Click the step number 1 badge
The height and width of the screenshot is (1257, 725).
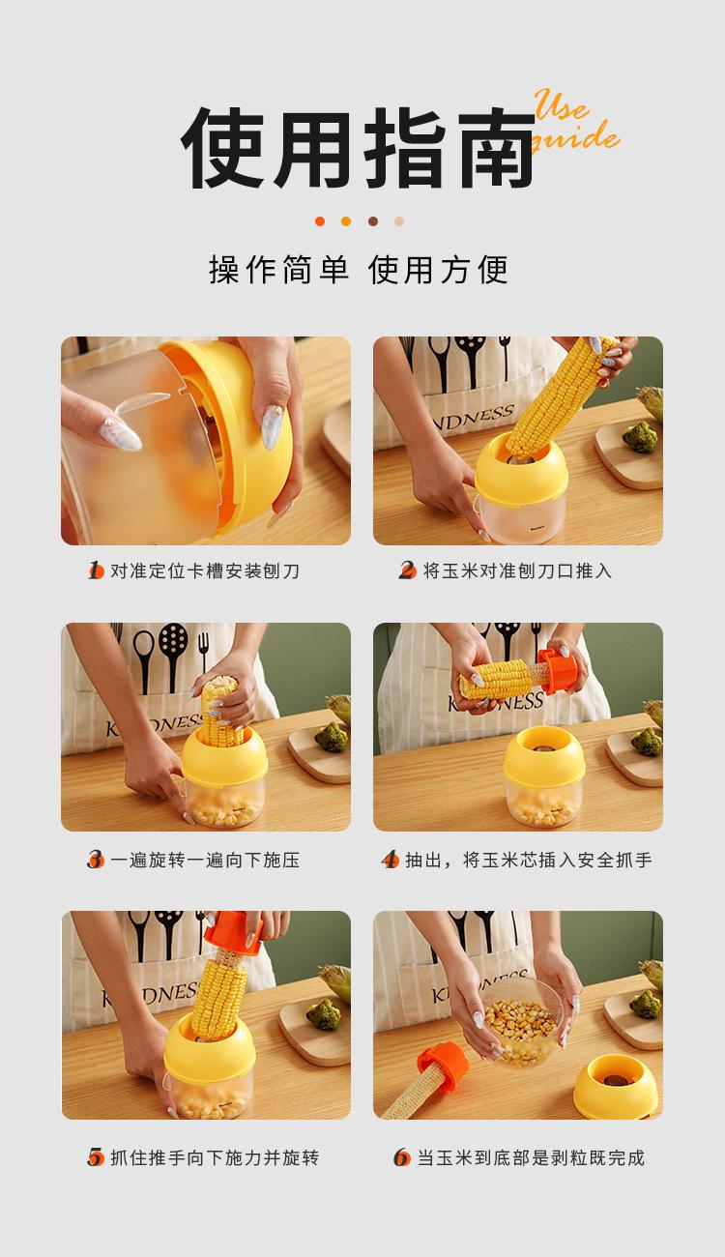click(96, 570)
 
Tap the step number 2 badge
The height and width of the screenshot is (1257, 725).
click(407, 570)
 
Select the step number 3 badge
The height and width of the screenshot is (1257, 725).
click(96, 860)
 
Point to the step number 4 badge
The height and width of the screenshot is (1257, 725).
click(391, 860)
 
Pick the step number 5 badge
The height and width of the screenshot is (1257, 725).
click(96, 1156)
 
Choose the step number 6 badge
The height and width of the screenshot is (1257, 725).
click(402, 1156)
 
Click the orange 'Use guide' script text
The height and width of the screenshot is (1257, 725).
click(575, 121)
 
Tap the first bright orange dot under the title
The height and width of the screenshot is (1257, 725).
click(320, 221)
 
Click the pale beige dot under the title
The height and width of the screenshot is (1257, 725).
click(399, 221)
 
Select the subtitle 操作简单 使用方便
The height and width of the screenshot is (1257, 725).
click(359, 270)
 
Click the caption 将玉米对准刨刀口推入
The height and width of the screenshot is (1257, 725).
click(517, 570)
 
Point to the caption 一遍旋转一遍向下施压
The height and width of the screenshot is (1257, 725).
click(205, 860)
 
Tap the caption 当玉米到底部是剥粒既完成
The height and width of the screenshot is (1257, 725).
click(531, 1156)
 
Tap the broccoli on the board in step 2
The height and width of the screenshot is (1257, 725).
click(640, 436)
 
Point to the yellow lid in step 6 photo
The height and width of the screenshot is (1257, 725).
click(615, 1086)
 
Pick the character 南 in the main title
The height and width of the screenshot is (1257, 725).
click(496, 147)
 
